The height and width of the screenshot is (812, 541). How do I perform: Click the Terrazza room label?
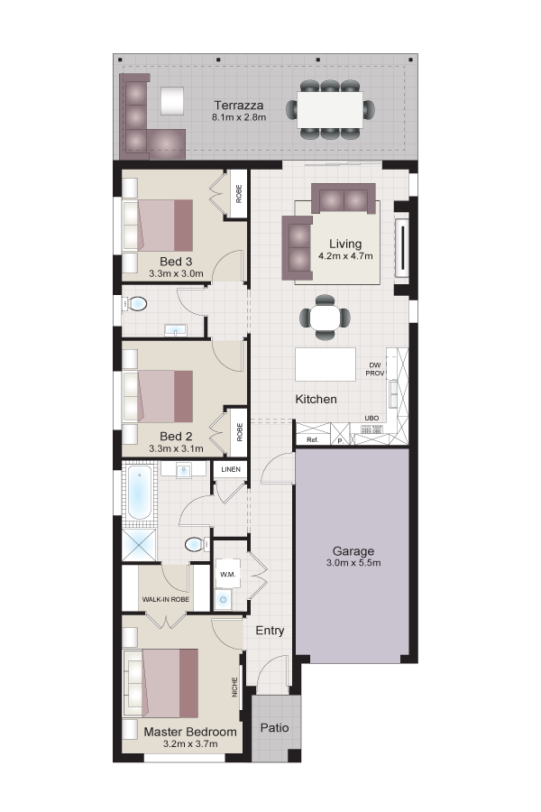click(x=239, y=106)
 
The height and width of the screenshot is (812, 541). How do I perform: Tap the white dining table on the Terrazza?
click(x=330, y=110)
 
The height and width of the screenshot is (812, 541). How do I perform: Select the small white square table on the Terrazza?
click(x=172, y=100)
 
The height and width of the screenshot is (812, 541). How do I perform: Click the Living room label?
click(x=345, y=244)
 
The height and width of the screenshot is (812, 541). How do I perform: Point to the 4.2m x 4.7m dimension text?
click(x=345, y=256)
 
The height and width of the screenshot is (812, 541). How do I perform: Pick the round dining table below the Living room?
click(x=326, y=318)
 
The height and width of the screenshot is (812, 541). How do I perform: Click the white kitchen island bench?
click(x=326, y=364)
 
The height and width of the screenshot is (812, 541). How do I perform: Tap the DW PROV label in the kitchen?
click(x=375, y=369)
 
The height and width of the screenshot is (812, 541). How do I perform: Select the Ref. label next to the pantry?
click(x=312, y=439)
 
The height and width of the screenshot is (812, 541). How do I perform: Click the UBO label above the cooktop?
click(x=371, y=418)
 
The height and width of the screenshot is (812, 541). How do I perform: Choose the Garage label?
click(x=353, y=551)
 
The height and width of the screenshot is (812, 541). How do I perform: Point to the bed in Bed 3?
click(x=158, y=226)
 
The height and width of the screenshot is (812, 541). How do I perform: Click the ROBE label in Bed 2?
click(x=239, y=432)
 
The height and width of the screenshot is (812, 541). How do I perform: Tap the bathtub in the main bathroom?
click(x=139, y=493)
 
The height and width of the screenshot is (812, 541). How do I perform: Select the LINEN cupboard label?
click(x=231, y=469)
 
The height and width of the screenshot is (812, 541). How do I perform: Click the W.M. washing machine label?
click(x=228, y=575)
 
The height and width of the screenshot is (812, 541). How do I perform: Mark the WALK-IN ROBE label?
click(x=166, y=599)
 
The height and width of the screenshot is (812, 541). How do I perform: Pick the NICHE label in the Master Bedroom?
click(x=234, y=687)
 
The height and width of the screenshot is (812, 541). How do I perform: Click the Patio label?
click(x=274, y=727)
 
